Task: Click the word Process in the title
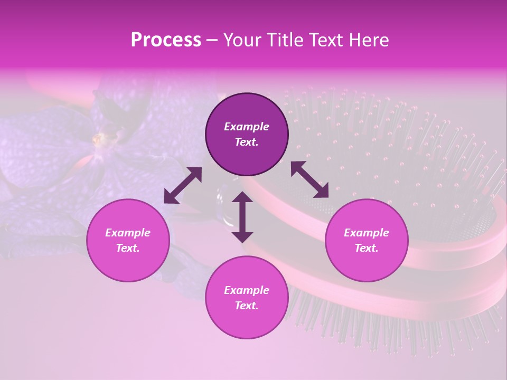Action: point(166,40)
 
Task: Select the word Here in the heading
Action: point(369,40)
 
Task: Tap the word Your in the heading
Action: point(242,40)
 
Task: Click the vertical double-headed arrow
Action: point(242,217)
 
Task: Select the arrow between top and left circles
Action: point(183,185)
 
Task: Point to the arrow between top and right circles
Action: point(310,179)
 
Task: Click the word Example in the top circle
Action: point(247,127)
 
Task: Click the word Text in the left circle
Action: point(128,248)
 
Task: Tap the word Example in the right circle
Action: point(367,233)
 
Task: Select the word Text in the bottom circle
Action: point(247,306)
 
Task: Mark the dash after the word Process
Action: point(212,40)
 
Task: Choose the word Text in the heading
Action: point(325,40)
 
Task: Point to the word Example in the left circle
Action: point(128,233)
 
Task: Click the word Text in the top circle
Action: point(247,142)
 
